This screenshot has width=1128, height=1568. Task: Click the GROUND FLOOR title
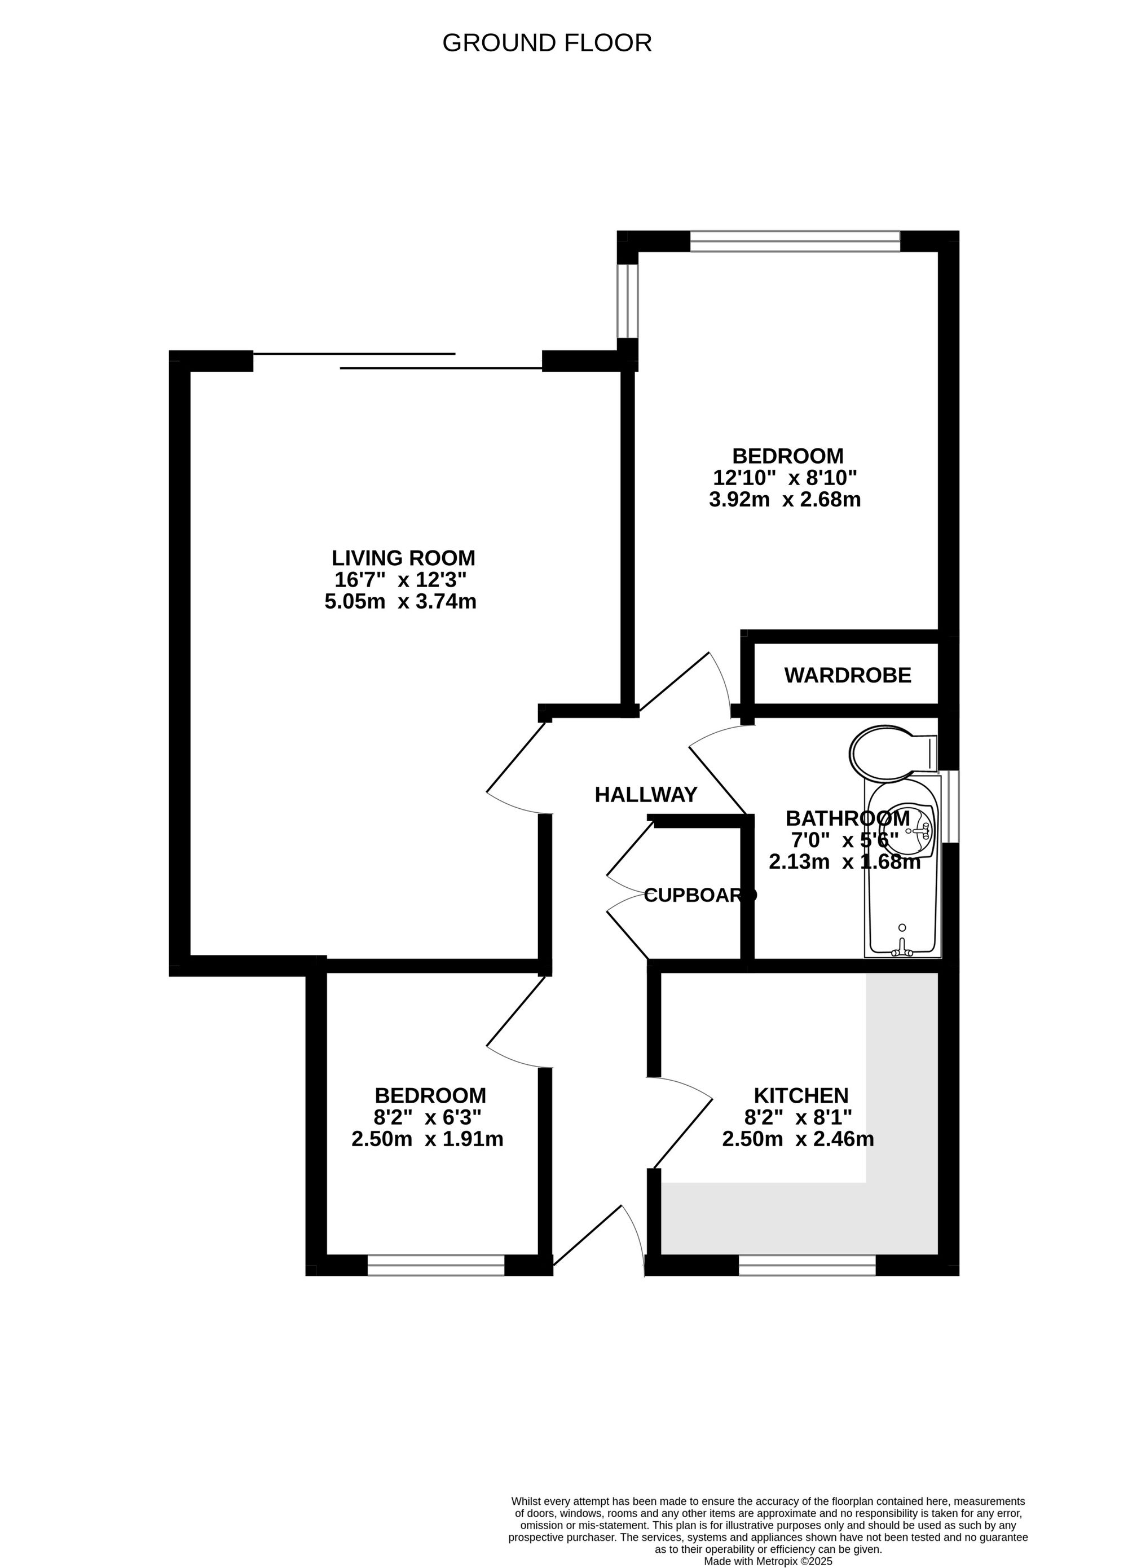coord(547,43)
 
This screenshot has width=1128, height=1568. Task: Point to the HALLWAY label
coord(646,794)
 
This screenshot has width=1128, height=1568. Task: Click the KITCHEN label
coord(800,1095)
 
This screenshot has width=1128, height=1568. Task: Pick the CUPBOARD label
coord(699,895)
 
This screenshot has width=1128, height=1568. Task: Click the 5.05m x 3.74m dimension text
coord(400,601)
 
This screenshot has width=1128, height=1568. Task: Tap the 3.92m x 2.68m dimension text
coord(785,499)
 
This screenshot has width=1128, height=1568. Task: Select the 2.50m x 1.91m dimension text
coord(427,1139)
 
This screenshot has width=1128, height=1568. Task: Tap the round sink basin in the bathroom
coord(911,830)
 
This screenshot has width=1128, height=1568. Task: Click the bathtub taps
coord(901,950)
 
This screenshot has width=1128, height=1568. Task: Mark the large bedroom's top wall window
coord(795,241)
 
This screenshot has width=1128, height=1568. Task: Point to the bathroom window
coord(953,806)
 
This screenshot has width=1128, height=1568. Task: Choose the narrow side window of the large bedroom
coord(627,301)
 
